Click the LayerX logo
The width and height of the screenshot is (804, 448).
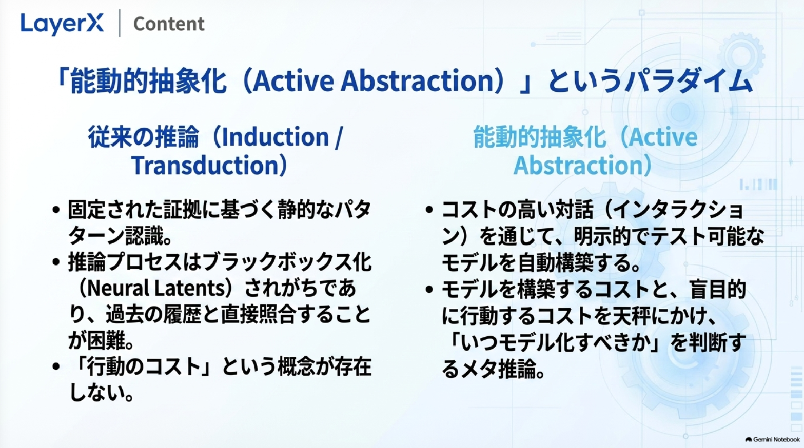point(62,24)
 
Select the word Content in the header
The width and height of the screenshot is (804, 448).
point(169,24)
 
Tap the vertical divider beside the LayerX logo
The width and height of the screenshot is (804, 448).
point(120,23)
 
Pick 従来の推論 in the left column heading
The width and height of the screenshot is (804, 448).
point(143,137)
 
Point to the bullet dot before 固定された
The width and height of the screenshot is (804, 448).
point(55,210)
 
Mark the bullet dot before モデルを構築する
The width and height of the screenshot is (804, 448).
point(429,290)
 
